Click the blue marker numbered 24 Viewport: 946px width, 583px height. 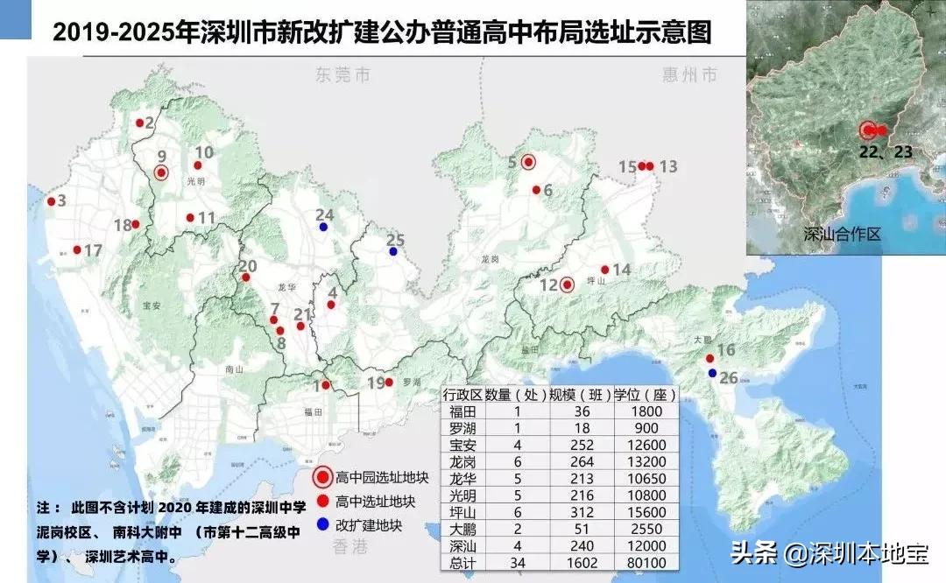(x=323, y=227)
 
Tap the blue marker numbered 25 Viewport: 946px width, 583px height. (x=393, y=252)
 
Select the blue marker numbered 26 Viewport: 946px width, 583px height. (x=712, y=374)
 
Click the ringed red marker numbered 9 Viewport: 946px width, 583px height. (x=161, y=172)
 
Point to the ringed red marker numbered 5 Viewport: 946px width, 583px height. (x=528, y=161)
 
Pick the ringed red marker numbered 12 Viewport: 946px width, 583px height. (x=567, y=284)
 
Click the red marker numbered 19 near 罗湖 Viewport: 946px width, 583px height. (x=389, y=382)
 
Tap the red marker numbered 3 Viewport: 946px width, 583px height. (x=51, y=202)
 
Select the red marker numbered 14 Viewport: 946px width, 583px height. (x=605, y=270)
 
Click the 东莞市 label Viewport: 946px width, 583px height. (x=342, y=75)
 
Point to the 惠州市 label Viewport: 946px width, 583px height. (x=690, y=75)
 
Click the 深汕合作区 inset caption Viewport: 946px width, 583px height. (x=843, y=235)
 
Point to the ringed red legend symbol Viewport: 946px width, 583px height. (x=322, y=477)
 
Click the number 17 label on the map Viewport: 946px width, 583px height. (x=93, y=251)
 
